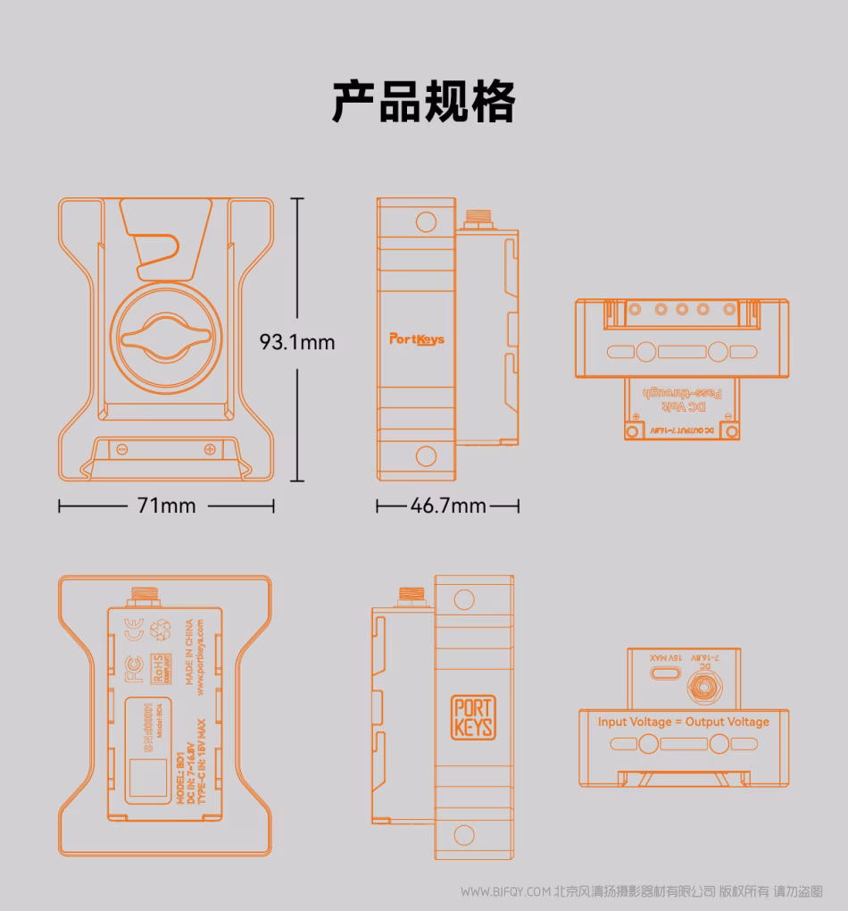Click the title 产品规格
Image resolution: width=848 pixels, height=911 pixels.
click(424, 101)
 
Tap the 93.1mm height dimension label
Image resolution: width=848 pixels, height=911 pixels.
click(297, 341)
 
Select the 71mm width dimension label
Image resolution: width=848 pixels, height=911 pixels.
click(166, 506)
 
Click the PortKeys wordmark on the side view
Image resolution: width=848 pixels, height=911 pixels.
click(416, 339)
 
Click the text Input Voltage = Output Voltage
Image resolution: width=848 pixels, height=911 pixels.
click(683, 722)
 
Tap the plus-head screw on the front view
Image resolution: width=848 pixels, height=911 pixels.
click(209, 448)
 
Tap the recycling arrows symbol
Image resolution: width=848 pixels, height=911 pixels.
click(161, 629)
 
